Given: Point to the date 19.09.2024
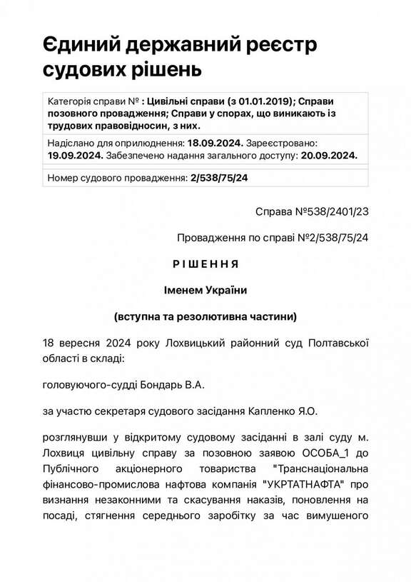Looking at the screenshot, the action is point(75,154).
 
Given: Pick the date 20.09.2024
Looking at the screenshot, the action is point(328,154).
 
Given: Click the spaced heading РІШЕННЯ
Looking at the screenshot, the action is point(205,264).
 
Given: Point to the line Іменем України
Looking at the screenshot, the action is point(205,289).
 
